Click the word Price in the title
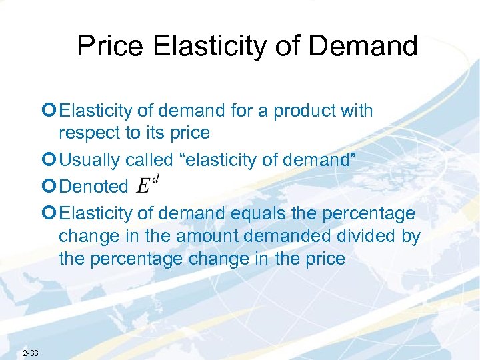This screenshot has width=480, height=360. click(x=109, y=46)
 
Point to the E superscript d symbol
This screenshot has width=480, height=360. click(x=147, y=183)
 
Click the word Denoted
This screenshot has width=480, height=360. click(x=93, y=187)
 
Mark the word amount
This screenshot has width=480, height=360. click(x=197, y=236)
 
